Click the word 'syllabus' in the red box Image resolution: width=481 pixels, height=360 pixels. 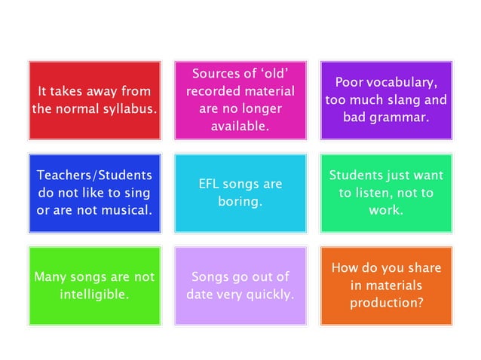129,108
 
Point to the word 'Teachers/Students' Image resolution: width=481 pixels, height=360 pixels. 94,175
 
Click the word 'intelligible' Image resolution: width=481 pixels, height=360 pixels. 94,294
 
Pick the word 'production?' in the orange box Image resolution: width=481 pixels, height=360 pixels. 386,304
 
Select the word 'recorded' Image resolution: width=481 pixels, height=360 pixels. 213,91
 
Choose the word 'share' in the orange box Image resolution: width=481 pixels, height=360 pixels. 424,269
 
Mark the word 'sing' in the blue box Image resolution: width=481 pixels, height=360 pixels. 138,193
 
